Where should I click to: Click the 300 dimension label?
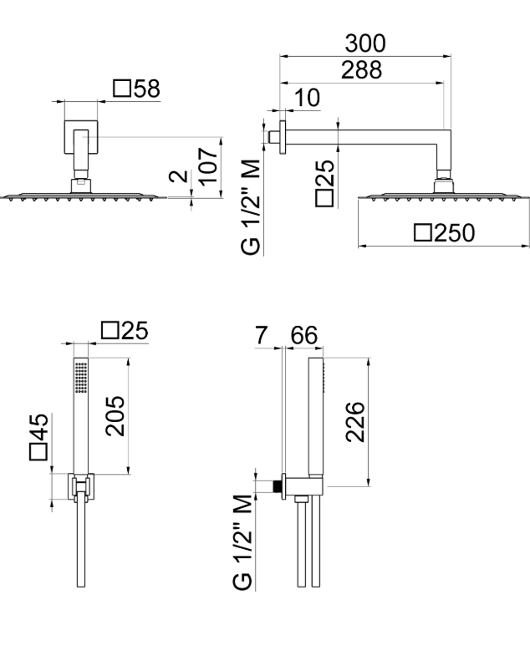365,43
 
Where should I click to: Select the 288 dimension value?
361,69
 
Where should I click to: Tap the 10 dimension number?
307,98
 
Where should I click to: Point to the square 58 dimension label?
136,89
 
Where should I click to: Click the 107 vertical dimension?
208,166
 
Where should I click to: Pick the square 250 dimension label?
445,233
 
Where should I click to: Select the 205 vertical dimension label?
115,416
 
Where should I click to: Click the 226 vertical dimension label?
355,422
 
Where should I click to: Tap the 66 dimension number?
304,335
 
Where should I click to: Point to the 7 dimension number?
261,335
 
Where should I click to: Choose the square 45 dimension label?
38,436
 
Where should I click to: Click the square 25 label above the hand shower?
125,330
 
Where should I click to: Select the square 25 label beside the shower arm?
324,183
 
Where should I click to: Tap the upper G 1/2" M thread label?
251,206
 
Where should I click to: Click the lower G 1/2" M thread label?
242,542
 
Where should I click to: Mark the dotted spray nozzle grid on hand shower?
81,378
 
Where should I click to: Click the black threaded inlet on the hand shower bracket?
278,486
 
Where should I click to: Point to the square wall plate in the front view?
81,137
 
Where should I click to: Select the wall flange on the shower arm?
283,137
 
